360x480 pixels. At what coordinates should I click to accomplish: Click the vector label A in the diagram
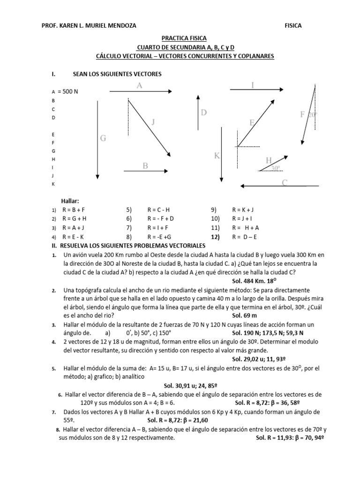point(140,85)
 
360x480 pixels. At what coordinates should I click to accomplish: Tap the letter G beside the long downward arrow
point(103,138)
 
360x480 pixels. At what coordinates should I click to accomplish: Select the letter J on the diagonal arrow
point(153,122)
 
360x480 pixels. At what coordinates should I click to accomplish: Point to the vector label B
point(145,165)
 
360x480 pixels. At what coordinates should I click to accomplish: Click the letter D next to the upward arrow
point(204,112)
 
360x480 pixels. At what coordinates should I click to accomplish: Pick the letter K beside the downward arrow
point(217,156)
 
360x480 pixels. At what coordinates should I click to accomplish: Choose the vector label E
point(252,122)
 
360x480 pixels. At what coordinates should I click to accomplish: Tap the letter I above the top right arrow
point(253,85)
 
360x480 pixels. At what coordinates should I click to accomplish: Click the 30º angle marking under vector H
point(276,168)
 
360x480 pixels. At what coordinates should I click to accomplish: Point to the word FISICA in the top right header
point(293,26)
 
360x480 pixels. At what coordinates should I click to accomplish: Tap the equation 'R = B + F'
point(76,210)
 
